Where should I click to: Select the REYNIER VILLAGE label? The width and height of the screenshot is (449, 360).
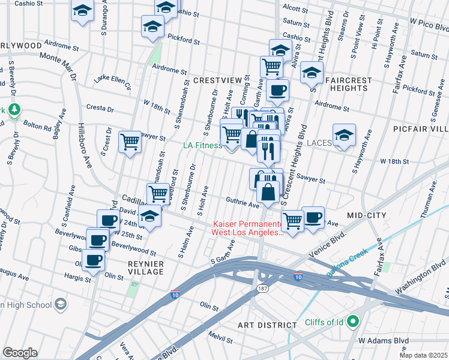[137, 268]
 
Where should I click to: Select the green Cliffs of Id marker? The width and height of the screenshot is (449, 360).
[353, 322]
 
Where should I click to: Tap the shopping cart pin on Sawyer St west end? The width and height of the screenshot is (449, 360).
[130, 142]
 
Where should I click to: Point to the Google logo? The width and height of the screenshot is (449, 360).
[20, 353]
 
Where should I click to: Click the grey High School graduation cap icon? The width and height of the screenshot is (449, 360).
[60, 305]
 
